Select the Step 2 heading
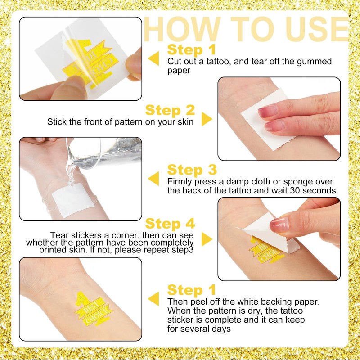pos(170,110)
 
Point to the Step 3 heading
pos(192,170)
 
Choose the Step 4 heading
pos(170,224)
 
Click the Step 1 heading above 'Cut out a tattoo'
pos(192,50)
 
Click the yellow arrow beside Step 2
pos(207,119)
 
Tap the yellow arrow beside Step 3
pos(153,178)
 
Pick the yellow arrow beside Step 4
pos(207,239)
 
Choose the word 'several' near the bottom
pos(194,329)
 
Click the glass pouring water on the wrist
pos(104,152)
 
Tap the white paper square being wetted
pos(73,199)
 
